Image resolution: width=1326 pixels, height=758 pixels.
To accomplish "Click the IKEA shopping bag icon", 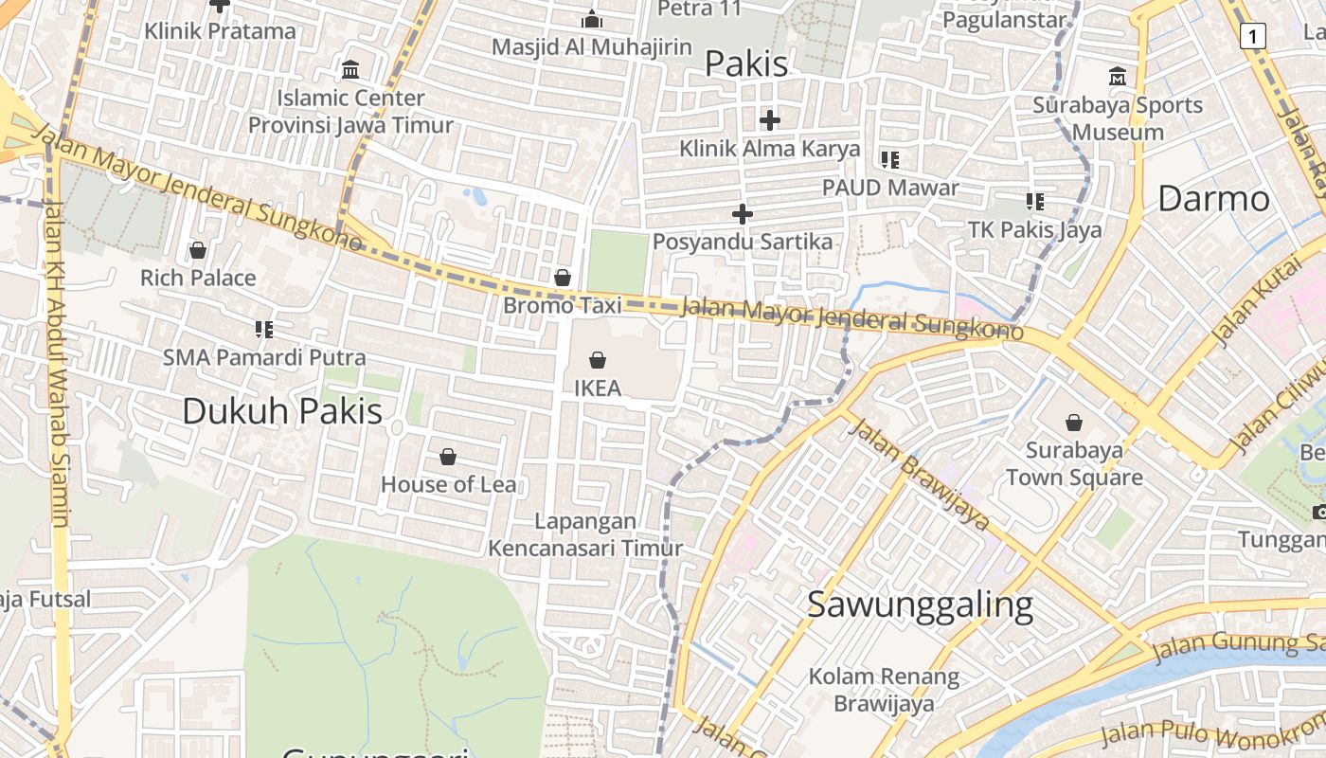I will (x=598, y=360).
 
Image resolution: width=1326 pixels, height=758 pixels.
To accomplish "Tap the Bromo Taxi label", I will (x=563, y=305).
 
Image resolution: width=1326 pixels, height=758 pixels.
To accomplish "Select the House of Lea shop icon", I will (x=448, y=458).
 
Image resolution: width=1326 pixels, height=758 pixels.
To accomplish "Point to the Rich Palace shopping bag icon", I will (x=198, y=250).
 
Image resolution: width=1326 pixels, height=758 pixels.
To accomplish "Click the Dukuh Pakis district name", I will (x=282, y=411).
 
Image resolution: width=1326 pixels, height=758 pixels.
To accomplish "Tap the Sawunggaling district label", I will (x=920, y=605).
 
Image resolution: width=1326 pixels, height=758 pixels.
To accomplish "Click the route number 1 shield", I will (x=1252, y=36).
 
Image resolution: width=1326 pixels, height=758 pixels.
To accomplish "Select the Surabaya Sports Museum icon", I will (x=1118, y=77).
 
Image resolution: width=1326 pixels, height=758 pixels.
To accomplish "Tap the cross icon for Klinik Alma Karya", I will (x=770, y=120).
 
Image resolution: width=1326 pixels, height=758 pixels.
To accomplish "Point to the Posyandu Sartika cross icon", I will (x=743, y=214).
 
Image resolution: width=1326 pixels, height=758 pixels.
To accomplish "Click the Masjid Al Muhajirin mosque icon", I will (x=592, y=19).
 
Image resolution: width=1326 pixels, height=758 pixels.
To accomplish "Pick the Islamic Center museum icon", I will (x=350, y=69).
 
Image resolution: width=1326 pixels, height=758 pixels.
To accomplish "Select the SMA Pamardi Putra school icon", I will (x=264, y=330).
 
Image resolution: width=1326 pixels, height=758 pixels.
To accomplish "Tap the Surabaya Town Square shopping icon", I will (x=1074, y=423).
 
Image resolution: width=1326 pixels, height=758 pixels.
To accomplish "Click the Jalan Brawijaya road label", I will (x=920, y=475).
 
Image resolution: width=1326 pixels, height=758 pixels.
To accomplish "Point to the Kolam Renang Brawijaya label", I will (x=884, y=690).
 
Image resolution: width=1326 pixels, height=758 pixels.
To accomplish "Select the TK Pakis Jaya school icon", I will (x=1035, y=201).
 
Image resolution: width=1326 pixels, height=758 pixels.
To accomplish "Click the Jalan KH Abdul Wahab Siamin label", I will (x=56, y=364).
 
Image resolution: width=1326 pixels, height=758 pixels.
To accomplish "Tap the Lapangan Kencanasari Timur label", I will (x=585, y=534).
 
